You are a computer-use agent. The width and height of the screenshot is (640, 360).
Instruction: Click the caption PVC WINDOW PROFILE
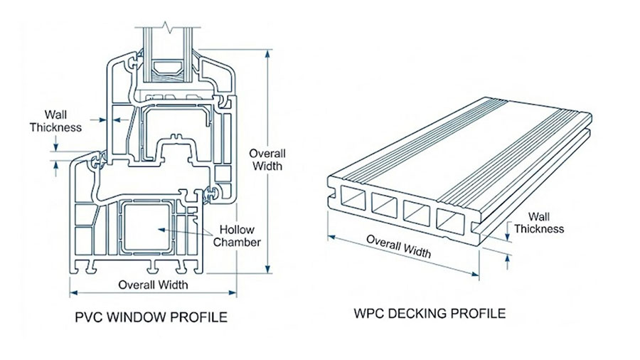click(151, 317)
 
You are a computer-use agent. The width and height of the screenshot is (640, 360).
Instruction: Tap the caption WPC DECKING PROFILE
click(430, 313)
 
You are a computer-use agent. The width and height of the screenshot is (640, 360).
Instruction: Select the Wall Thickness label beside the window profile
click(55, 120)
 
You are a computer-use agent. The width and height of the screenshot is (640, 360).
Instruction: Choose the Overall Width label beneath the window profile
click(153, 285)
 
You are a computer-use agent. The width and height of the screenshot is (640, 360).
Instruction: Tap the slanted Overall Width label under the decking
click(398, 244)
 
